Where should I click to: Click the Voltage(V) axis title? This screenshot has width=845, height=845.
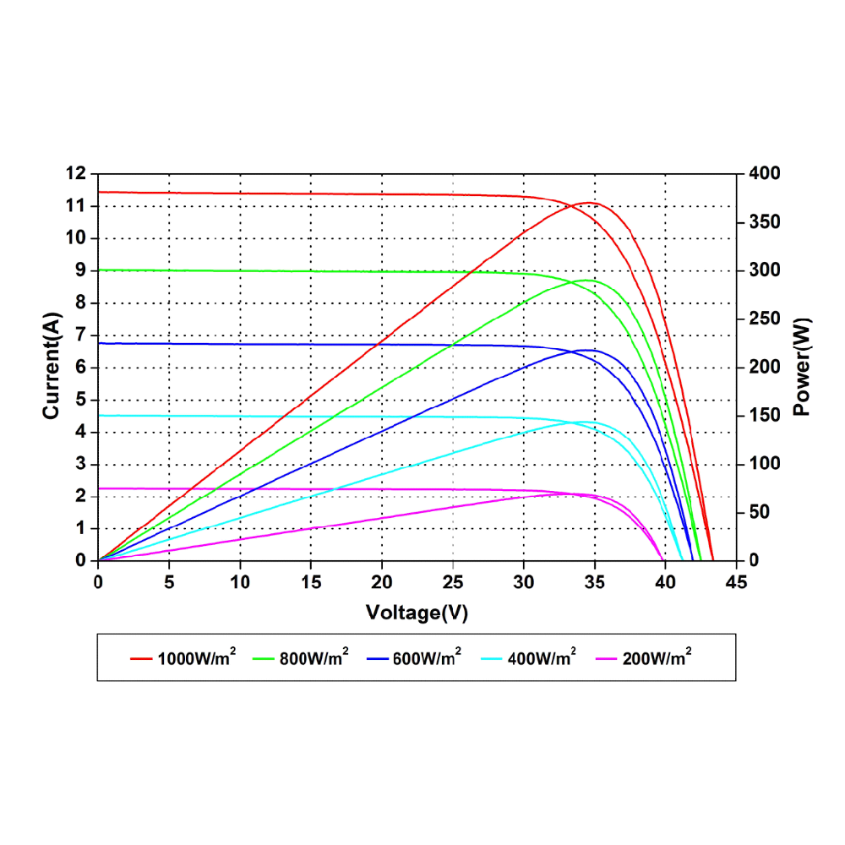[x=417, y=613]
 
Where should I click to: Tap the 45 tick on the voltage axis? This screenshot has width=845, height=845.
[x=736, y=583]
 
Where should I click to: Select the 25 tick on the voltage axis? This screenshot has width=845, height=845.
[x=453, y=583]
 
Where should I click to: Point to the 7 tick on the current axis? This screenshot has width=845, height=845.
[x=81, y=335]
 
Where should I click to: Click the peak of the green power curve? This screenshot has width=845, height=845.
[x=587, y=280]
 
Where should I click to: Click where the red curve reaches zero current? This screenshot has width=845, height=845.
[x=713, y=560]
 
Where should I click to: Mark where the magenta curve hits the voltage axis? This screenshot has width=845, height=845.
[x=662, y=560]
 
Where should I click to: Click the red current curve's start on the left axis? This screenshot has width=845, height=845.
[x=100, y=192]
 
